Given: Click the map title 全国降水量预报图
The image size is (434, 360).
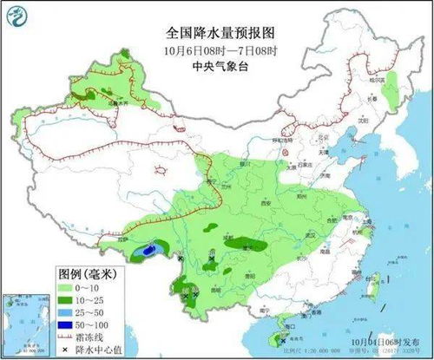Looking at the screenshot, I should (x=220, y=32).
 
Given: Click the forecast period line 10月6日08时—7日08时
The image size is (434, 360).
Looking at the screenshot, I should (x=220, y=48).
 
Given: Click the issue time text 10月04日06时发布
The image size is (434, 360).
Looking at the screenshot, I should (x=383, y=331).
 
